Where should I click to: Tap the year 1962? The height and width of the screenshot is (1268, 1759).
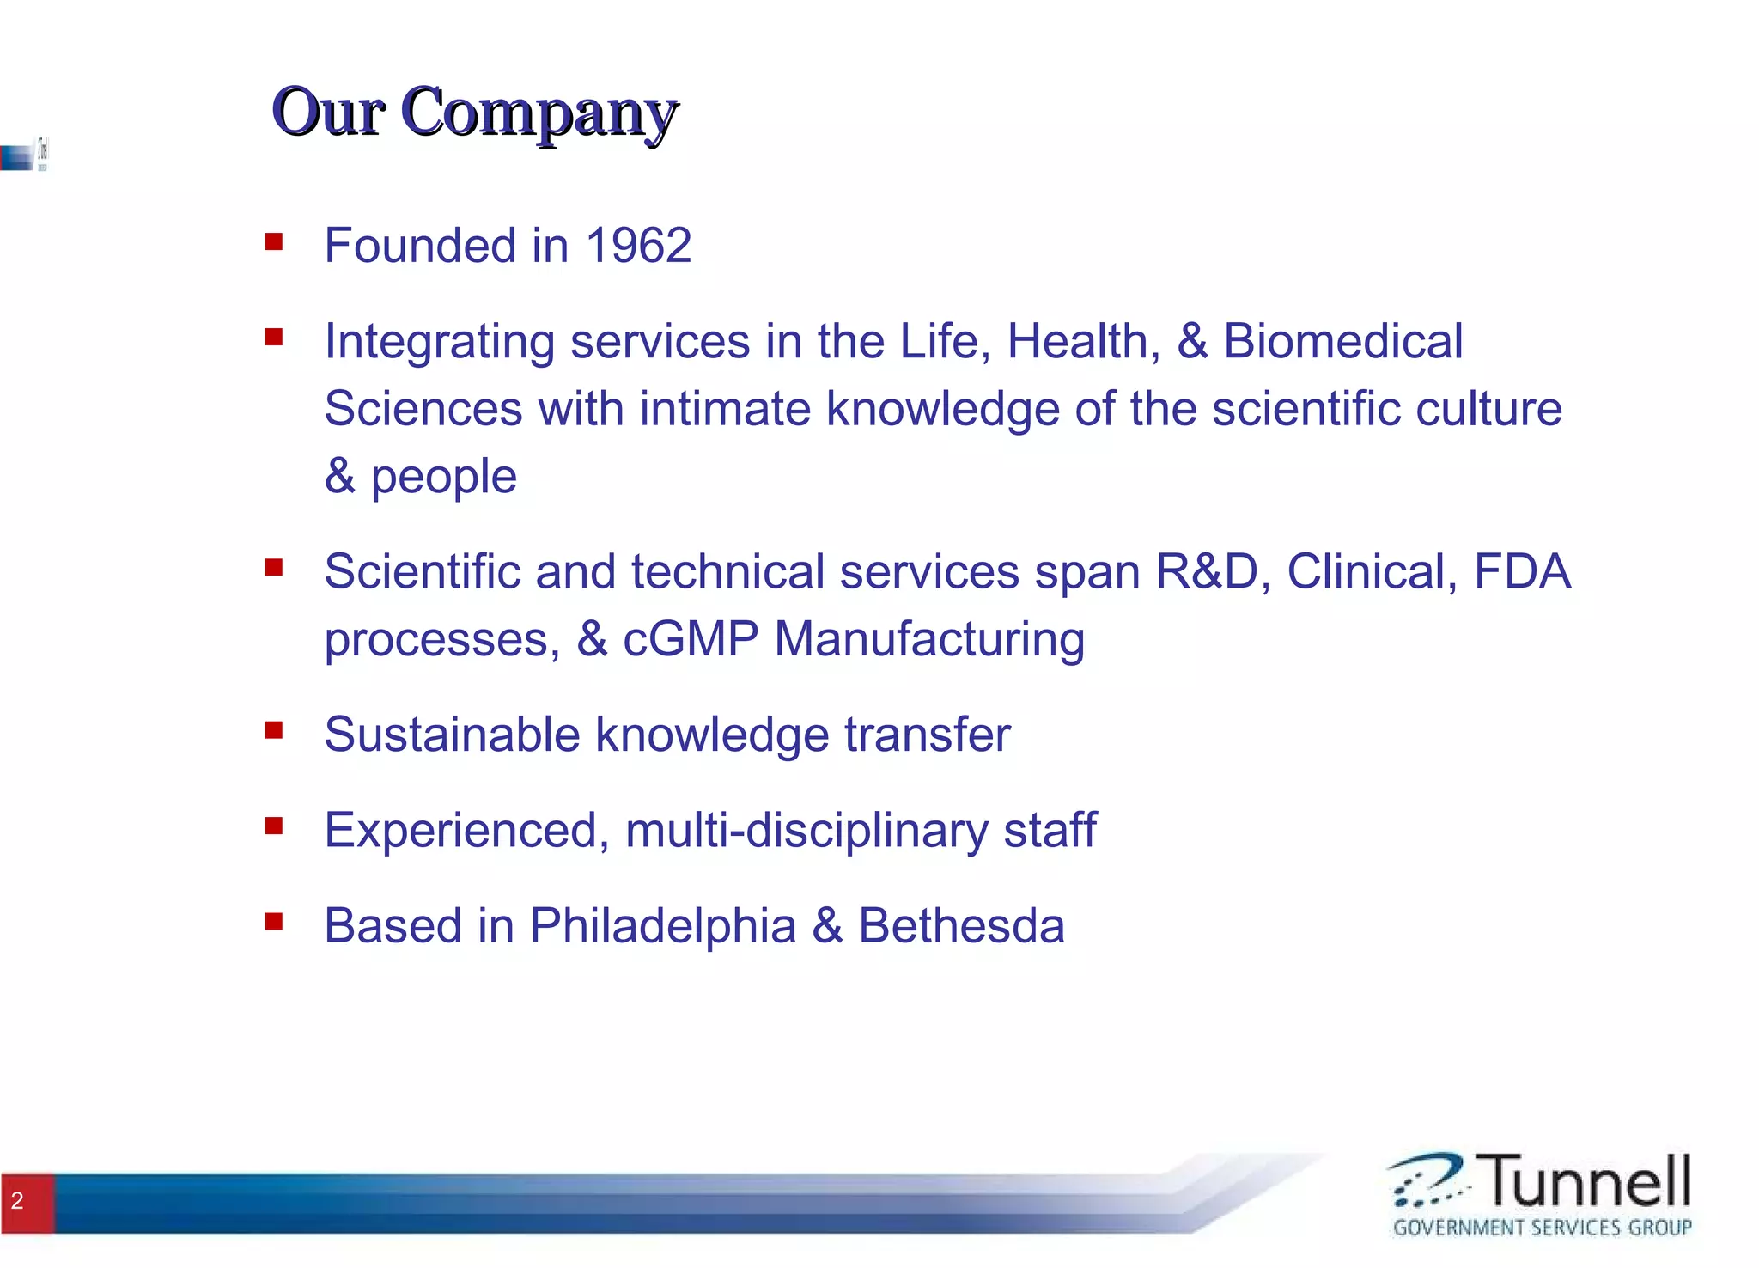pyautogui.click(x=638, y=246)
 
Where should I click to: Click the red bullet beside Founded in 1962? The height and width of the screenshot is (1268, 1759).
pyautogui.click(x=274, y=241)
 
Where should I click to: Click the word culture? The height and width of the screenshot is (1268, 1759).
pyautogui.click(x=1488, y=408)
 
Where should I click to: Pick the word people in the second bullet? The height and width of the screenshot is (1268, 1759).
pyautogui.click(x=443, y=478)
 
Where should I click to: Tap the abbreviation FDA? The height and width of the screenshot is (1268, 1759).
pyautogui.click(x=1522, y=571)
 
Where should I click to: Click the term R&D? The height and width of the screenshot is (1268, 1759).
pyautogui.click(x=1207, y=571)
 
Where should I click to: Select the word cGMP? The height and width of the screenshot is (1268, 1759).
pyautogui.click(x=691, y=639)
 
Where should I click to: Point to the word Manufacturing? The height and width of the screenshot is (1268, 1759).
pyautogui.click(x=929, y=641)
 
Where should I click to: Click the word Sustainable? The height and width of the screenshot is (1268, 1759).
pyautogui.click(x=452, y=735)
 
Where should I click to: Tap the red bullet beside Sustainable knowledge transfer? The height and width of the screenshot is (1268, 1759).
pyautogui.click(x=274, y=730)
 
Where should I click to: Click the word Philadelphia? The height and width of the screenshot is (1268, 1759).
pyautogui.click(x=662, y=927)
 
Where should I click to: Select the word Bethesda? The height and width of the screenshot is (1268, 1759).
pyautogui.click(x=961, y=925)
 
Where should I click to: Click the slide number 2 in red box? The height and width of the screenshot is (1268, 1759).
pyautogui.click(x=18, y=1201)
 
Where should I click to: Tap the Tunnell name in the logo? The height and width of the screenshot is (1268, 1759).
pyautogui.click(x=1587, y=1181)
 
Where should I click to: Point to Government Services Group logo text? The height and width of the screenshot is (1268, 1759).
pyautogui.click(x=1542, y=1228)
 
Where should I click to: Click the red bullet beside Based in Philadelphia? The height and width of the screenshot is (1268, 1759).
pyautogui.click(x=274, y=922)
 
